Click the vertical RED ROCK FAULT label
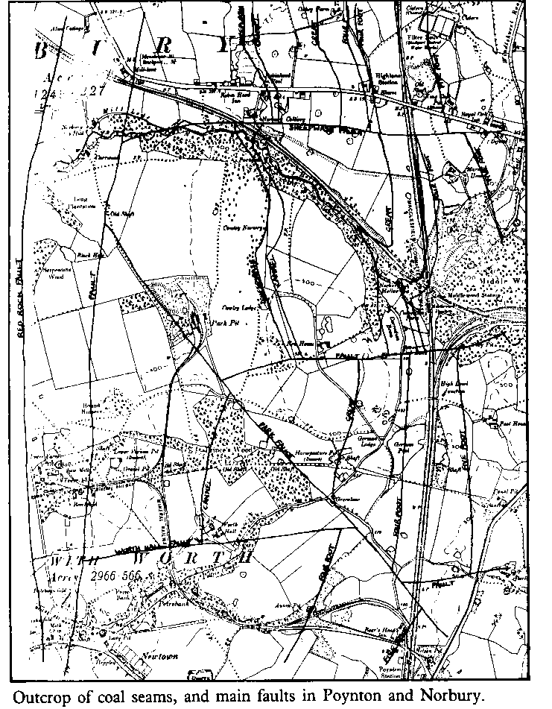point(21,294)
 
